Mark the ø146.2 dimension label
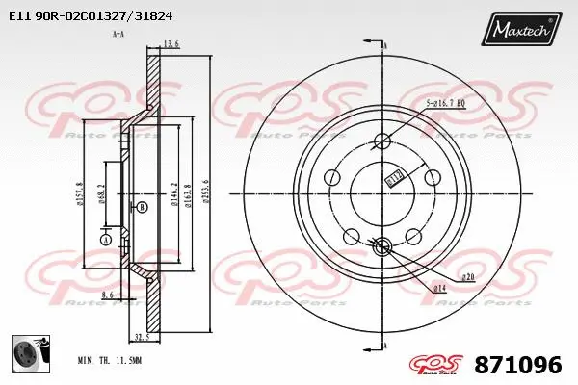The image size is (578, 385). tap(173, 196)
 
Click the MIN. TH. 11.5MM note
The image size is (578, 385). tap(109, 359)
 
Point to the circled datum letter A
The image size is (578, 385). tap(105, 239)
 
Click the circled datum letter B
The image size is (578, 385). tap(143, 207)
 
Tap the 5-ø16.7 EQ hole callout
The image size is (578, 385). tap(446, 103)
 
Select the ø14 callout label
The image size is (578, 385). tap(438, 289)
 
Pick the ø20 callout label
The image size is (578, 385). tap(468, 278)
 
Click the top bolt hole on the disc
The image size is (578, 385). tap(381, 142)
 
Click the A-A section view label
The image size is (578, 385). tap(118, 34)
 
